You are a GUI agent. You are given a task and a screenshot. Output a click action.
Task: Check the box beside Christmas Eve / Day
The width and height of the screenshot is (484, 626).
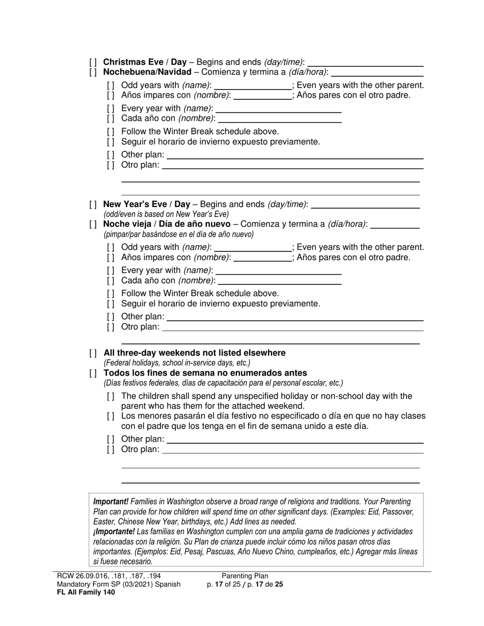(x=93, y=63)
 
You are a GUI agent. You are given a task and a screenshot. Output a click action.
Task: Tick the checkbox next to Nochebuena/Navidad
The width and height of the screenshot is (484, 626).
(x=93, y=72)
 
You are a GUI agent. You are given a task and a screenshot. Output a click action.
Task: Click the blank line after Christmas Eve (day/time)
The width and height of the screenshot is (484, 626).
(x=365, y=64)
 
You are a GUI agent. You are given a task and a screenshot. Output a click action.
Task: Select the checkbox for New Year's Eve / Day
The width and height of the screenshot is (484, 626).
(x=93, y=205)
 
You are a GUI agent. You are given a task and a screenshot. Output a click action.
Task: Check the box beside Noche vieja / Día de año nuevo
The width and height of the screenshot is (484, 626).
(x=93, y=224)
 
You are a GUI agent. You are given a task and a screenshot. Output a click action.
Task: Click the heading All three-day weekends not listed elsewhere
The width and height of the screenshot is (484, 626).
(x=194, y=353)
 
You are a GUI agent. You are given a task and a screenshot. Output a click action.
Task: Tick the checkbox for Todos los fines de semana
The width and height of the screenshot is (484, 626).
(x=93, y=373)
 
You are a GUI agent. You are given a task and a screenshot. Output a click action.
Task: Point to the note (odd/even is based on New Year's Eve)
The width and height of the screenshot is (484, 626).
(x=166, y=214)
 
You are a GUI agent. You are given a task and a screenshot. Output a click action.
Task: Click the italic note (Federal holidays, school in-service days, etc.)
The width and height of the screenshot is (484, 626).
(x=177, y=363)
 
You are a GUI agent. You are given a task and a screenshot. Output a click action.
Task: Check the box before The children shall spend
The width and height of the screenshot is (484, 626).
(x=111, y=396)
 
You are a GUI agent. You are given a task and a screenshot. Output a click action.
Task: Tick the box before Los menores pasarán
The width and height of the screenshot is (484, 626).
(x=111, y=416)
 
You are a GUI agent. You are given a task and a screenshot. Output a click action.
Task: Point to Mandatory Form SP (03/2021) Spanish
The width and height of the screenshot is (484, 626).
(x=119, y=584)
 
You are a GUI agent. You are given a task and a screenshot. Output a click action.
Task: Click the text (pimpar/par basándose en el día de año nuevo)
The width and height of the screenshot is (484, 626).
(x=178, y=234)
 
